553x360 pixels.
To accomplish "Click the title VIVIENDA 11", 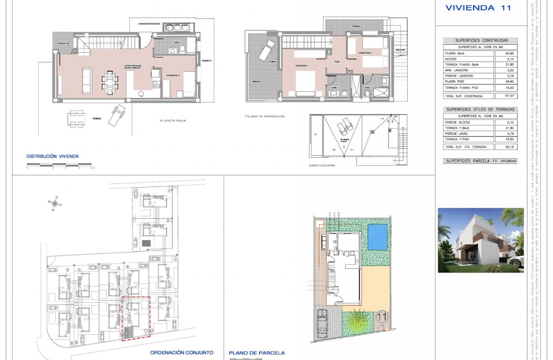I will (478, 8).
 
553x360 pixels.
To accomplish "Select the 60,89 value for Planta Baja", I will (506, 53).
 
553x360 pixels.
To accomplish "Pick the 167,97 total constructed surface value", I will (506, 96).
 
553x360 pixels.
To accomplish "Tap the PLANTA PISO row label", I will (454, 81).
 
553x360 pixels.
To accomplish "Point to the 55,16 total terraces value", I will (506, 147).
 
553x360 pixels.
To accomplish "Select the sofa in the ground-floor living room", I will (87, 81).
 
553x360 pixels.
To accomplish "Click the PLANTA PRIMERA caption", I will (258, 116).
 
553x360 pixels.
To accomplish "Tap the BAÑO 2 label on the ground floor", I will (177, 43).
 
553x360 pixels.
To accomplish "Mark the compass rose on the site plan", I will (54, 204).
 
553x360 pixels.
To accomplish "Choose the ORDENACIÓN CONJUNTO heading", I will (182, 353).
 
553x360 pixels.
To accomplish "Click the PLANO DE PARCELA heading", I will (257, 353).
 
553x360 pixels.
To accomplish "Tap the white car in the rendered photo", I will (515, 262).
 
